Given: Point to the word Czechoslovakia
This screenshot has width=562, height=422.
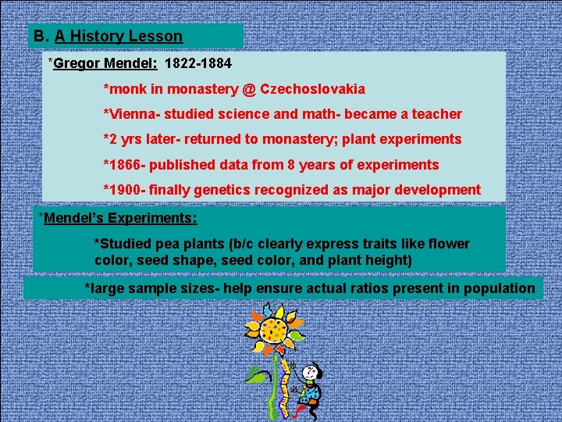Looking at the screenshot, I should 312,89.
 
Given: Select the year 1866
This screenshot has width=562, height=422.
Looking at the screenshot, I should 126,164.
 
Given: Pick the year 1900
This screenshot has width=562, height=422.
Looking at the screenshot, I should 126,189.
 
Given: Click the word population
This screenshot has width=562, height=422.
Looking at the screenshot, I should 500,288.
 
